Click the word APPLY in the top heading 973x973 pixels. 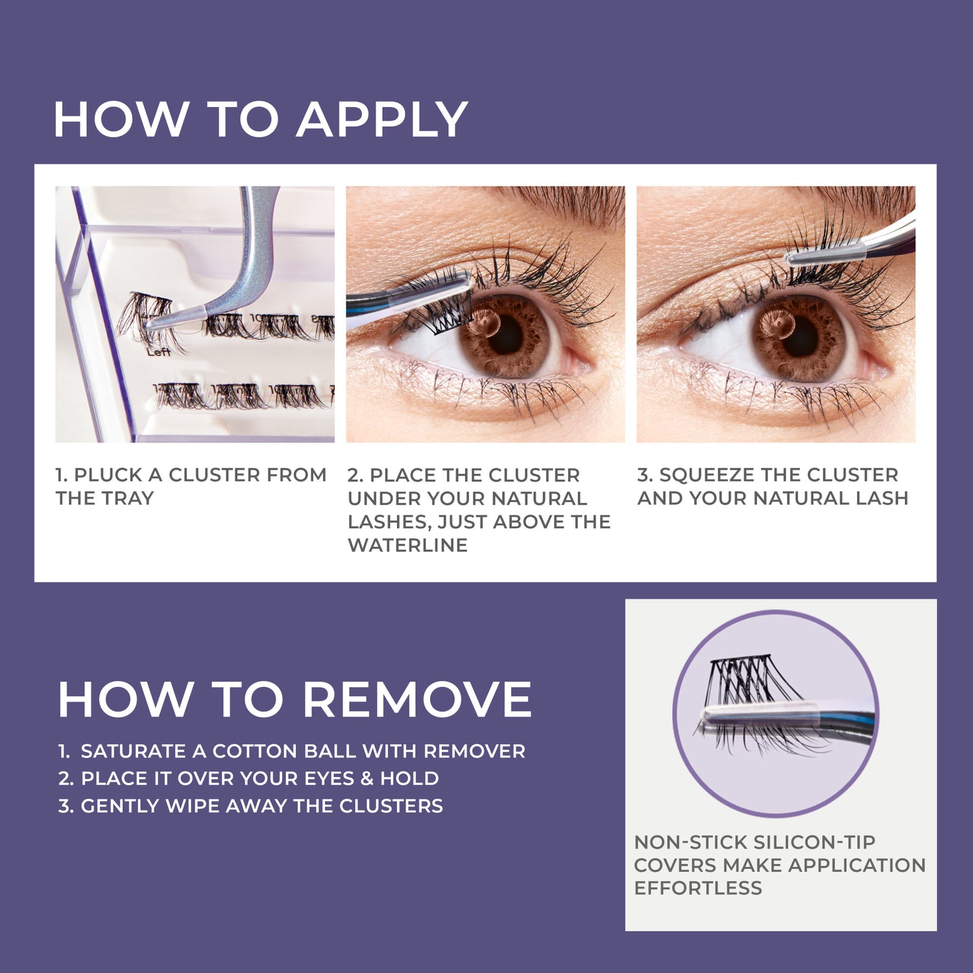point(382,120)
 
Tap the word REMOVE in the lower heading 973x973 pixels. point(417,700)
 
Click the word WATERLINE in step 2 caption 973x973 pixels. point(407,545)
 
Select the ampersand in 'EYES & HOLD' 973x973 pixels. point(366,778)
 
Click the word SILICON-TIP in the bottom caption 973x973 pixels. point(815,842)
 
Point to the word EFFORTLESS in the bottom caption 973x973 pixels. point(698,888)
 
